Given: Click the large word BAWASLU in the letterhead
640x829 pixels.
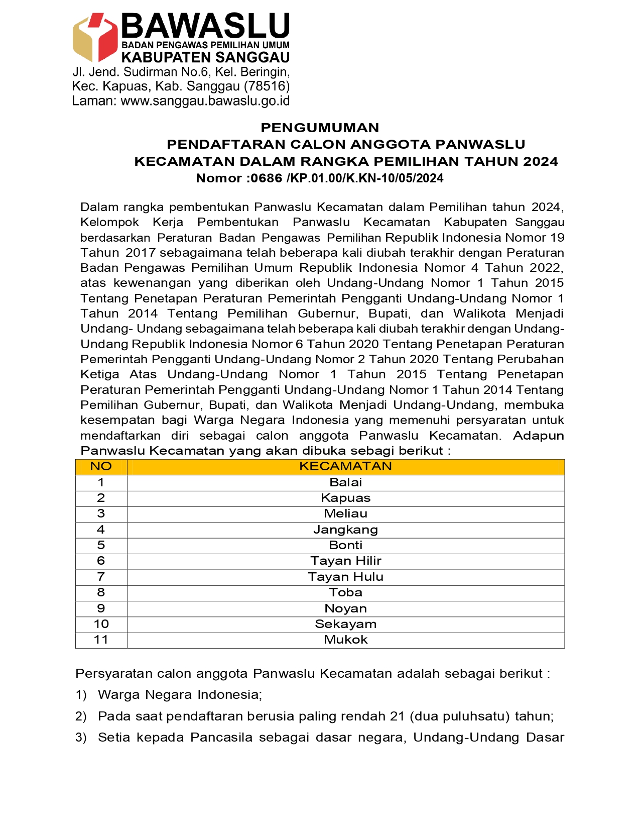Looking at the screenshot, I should (205, 26).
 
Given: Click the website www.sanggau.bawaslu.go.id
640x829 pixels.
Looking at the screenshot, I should (205, 101).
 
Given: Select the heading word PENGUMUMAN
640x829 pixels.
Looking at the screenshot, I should (320, 128).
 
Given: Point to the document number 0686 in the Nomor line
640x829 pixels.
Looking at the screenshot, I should (266, 178).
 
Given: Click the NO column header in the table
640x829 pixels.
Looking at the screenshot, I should (101, 467).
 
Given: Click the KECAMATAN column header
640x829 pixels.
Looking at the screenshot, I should (345, 467).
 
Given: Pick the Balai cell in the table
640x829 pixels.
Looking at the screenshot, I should (345, 482).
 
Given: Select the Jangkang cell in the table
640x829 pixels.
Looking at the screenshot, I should (345, 530).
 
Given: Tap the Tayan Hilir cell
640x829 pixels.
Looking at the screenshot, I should (345, 561).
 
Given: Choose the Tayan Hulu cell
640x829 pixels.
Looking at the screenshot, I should (345, 577).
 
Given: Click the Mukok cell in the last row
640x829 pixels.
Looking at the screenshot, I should (345, 640).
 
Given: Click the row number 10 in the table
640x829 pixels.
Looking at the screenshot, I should (101, 624).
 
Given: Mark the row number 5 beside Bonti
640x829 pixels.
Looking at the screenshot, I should (101, 545).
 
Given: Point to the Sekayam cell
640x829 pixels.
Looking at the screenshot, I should (345, 624).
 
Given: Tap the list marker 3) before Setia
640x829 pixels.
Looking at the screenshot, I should (81, 738).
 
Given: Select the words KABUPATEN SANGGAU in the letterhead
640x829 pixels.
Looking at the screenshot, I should (205, 58).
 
